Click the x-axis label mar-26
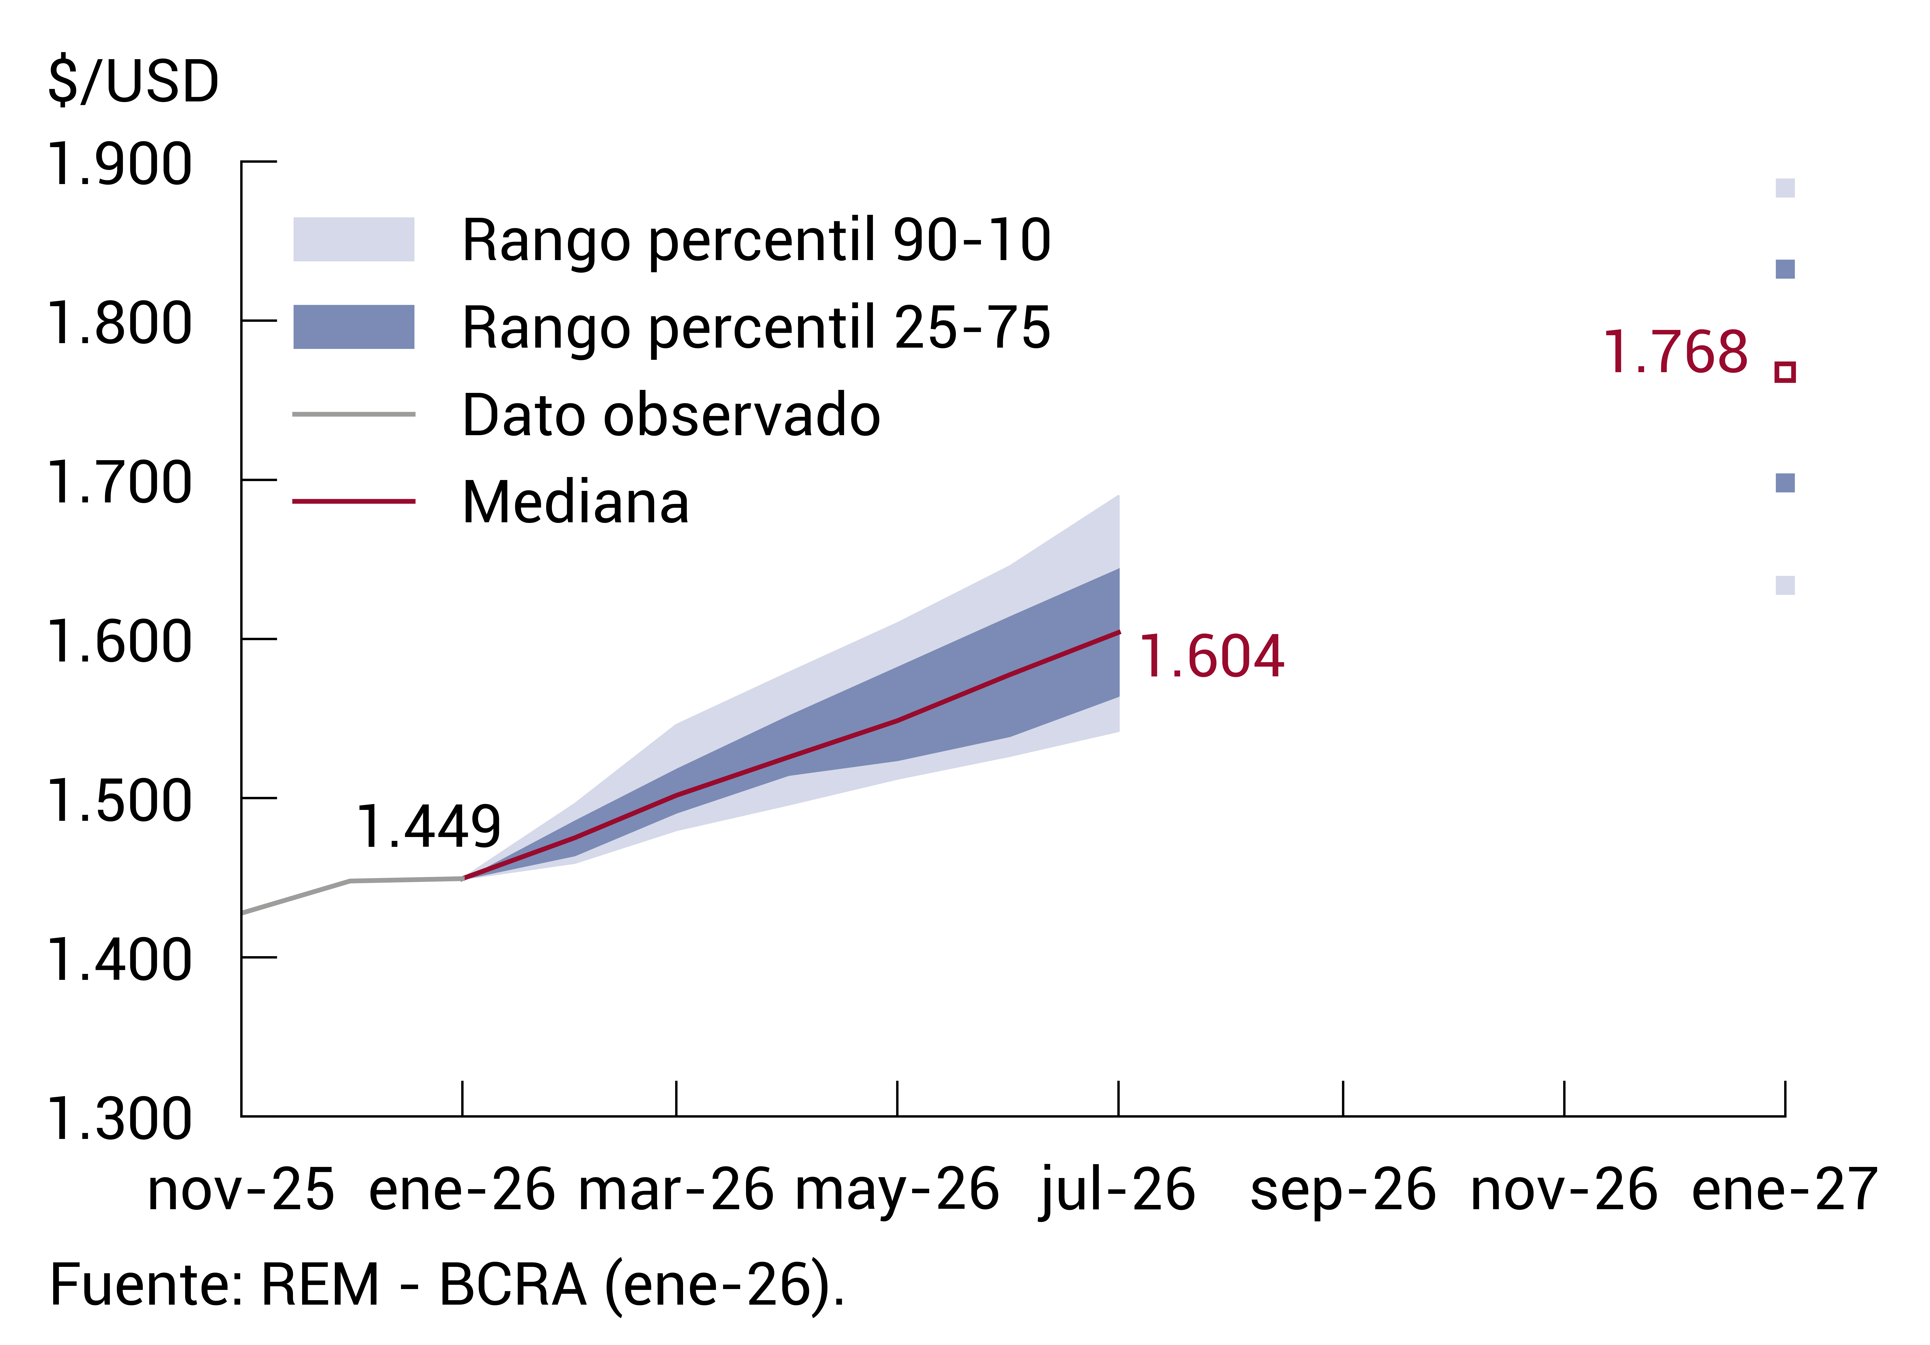(676, 1190)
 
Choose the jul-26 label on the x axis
(1118, 1190)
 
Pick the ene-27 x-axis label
(1784, 1190)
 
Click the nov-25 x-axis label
(241, 1190)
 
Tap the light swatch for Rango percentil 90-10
(353, 240)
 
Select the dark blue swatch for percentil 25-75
(353, 327)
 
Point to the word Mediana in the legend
(576, 503)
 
